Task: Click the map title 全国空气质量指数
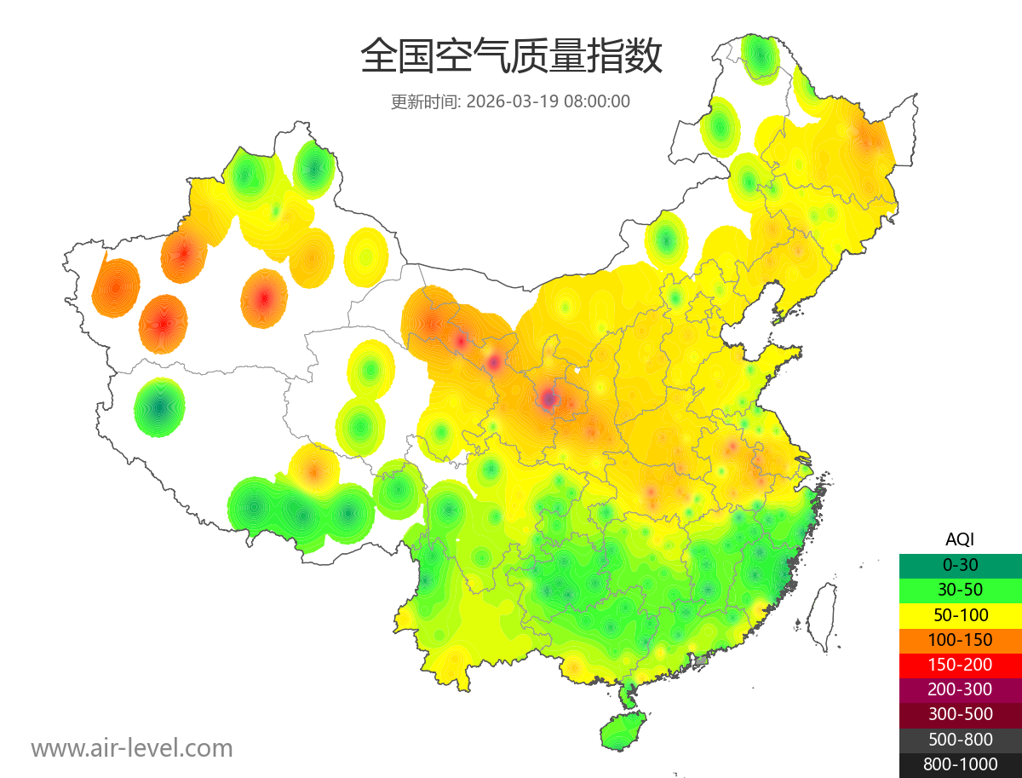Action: (511, 57)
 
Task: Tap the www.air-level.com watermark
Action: (132, 748)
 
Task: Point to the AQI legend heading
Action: (960, 539)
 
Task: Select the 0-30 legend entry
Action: (960, 564)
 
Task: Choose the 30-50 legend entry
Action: (960, 589)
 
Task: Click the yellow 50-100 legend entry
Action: (960, 614)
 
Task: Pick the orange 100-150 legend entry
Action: (960, 639)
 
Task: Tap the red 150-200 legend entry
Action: (960, 664)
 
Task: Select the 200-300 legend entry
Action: (960, 689)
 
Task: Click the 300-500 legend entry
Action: (960, 714)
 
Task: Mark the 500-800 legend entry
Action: (960, 739)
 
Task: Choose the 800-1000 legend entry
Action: (960, 764)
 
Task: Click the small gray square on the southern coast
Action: (702, 660)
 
